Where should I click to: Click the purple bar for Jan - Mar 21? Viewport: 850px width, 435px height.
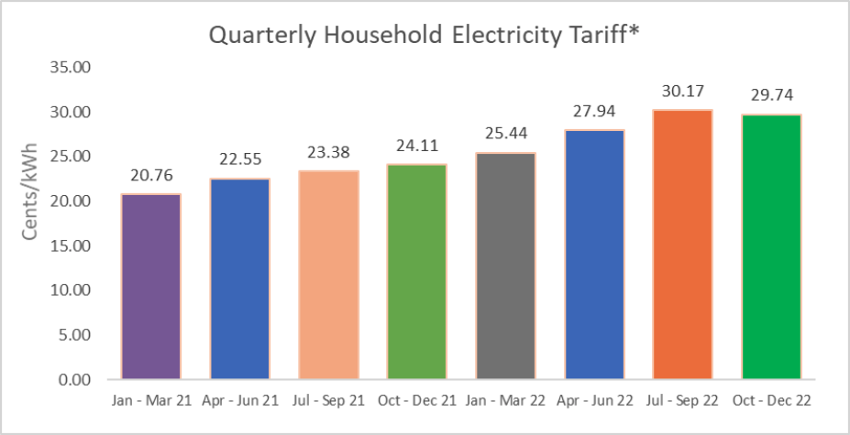(151, 287)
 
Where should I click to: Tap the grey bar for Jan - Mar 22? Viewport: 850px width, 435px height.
(505, 266)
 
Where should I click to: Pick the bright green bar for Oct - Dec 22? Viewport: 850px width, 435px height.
(771, 246)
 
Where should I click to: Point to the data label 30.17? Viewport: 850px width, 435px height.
(682, 92)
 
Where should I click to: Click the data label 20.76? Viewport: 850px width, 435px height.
(151, 176)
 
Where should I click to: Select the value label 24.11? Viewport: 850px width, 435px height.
(417, 147)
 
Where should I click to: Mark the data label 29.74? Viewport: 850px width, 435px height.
(771, 95)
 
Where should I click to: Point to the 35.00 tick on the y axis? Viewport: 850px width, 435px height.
(72, 68)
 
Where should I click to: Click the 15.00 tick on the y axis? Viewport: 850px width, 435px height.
(72, 245)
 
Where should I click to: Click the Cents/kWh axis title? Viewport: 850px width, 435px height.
(30, 201)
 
